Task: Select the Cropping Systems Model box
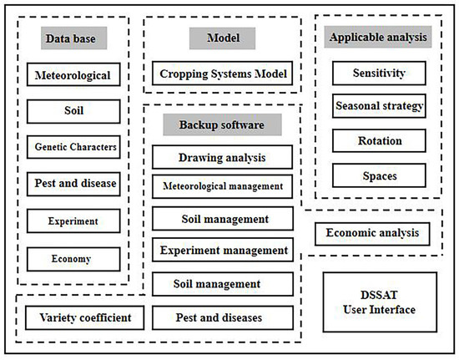point(222,74)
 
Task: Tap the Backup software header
point(222,124)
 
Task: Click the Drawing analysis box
point(222,157)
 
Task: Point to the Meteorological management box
point(222,186)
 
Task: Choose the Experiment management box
point(222,249)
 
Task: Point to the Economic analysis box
point(372,233)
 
